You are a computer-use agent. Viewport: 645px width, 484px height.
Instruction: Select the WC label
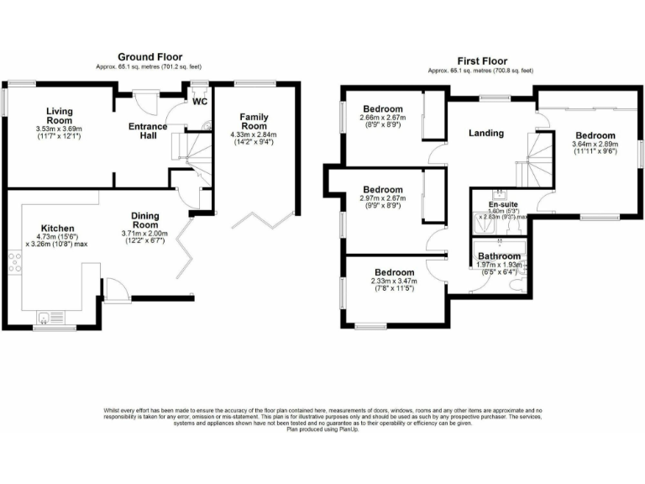pyautogui.click(x=200, y=103)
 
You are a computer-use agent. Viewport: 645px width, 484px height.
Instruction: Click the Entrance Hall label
pyautogui.click(x=147, y=132)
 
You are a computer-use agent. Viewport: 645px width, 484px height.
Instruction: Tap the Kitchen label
pyautogui.click(x=58, y=228)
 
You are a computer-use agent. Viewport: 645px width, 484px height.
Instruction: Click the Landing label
pyautogui.click(x=485, y=133)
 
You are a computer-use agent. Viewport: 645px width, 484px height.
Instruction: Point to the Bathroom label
pyautogui.click(x=499, y=255)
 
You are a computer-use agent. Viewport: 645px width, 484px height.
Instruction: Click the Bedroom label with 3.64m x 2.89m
pyautogui.click(x=595, y=135)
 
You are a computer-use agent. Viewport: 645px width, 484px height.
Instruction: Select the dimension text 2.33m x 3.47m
pyautogui.click(x=394, y=283)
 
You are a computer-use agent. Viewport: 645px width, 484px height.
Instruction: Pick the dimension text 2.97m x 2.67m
pyautogui.click(x=382, y=199)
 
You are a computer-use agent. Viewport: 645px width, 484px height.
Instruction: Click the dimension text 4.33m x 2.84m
pyautogui.click(x=254, y=134)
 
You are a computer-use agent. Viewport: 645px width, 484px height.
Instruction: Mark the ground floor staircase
pyautogui.click(x=191, y=152)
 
